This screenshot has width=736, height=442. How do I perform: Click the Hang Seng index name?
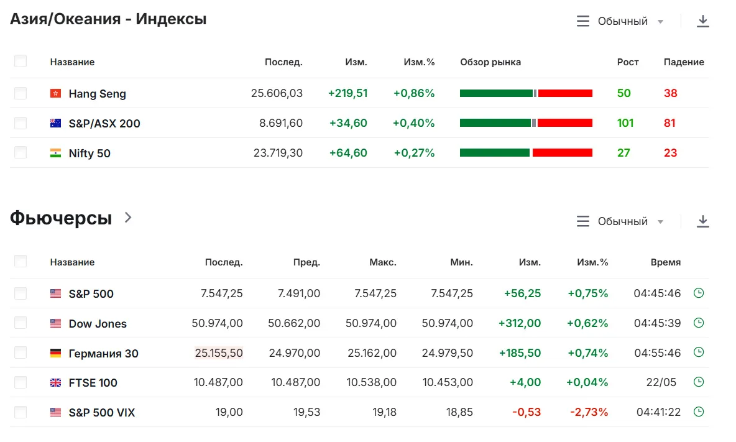97,94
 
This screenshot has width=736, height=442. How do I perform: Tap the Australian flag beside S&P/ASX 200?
55,124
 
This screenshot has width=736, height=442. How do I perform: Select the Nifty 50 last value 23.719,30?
278,153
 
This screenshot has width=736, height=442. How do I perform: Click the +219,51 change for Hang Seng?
348,93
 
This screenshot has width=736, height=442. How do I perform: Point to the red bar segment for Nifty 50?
563,152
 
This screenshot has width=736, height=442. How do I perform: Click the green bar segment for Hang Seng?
496,93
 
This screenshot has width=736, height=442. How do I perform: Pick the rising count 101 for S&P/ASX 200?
625,123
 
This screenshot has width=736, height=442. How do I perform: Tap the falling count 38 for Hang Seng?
670,93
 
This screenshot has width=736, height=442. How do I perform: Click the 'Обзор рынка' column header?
490,62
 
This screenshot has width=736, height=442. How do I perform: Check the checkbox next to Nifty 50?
21,152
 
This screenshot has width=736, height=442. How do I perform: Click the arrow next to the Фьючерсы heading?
128,217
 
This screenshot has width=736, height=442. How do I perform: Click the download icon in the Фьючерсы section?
702,221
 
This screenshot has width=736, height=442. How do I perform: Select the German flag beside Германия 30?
55,353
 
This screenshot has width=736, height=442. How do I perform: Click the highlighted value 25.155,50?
219,353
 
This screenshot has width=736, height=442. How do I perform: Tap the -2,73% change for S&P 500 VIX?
589,412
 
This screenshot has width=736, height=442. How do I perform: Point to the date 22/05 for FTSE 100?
661,382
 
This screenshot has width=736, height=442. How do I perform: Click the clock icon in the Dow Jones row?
699,323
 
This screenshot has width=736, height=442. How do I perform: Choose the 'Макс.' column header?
383,262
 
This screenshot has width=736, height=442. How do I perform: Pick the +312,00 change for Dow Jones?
520,323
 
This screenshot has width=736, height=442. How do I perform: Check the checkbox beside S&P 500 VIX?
21,412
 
